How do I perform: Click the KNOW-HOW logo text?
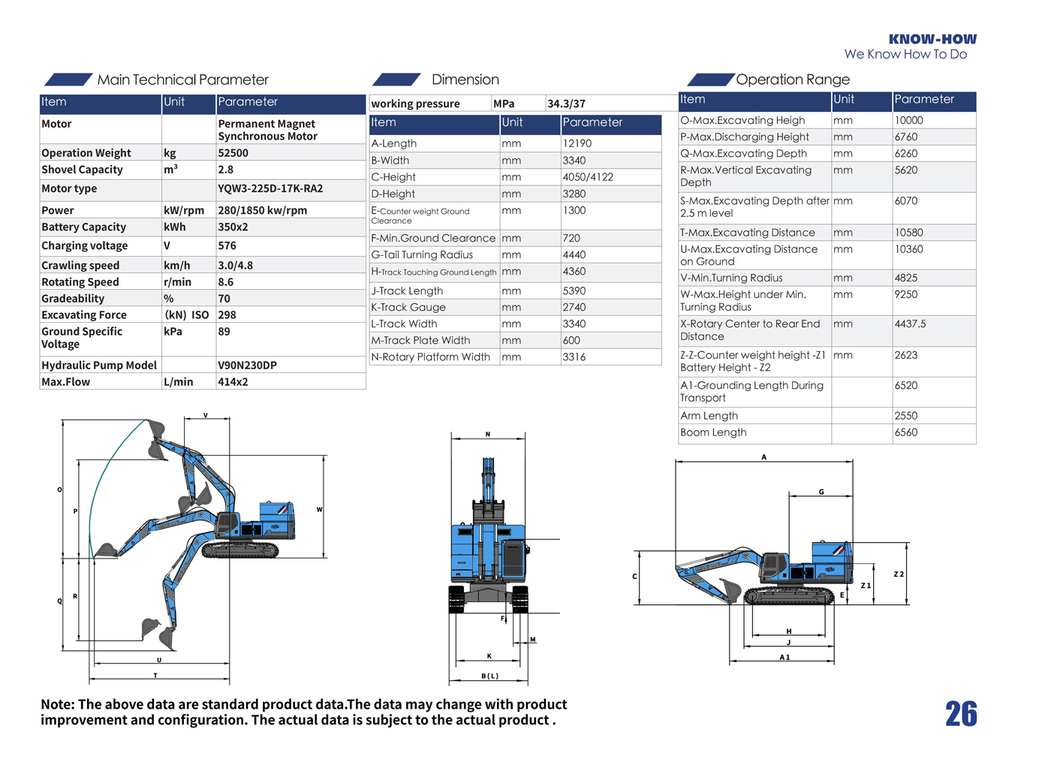coord(932,39)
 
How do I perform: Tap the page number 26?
coord(961,714)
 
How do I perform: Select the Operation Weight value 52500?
coord(233,153)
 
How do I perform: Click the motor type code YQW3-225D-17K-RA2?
coord(270,188)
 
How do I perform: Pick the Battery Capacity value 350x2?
coord(233,227)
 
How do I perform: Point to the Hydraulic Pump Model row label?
coord(99,365)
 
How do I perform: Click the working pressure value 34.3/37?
coord(566,104)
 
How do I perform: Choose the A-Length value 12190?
coord(577,143)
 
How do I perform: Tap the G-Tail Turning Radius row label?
coord(422,254)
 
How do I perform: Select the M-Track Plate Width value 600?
coord(571,340)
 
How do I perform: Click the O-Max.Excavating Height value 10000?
coord(908,120)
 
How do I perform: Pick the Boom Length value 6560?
coord(906,432)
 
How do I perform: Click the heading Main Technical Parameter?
coord(182,80)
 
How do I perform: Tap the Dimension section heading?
coord(465,80)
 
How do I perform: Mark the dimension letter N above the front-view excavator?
coord(488,434)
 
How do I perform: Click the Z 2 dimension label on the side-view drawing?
coord(899,574)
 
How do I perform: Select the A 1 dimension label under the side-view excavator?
coord(784,658)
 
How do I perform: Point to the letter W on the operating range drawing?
coord(319,510)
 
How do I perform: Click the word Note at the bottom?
coord(57,704)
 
